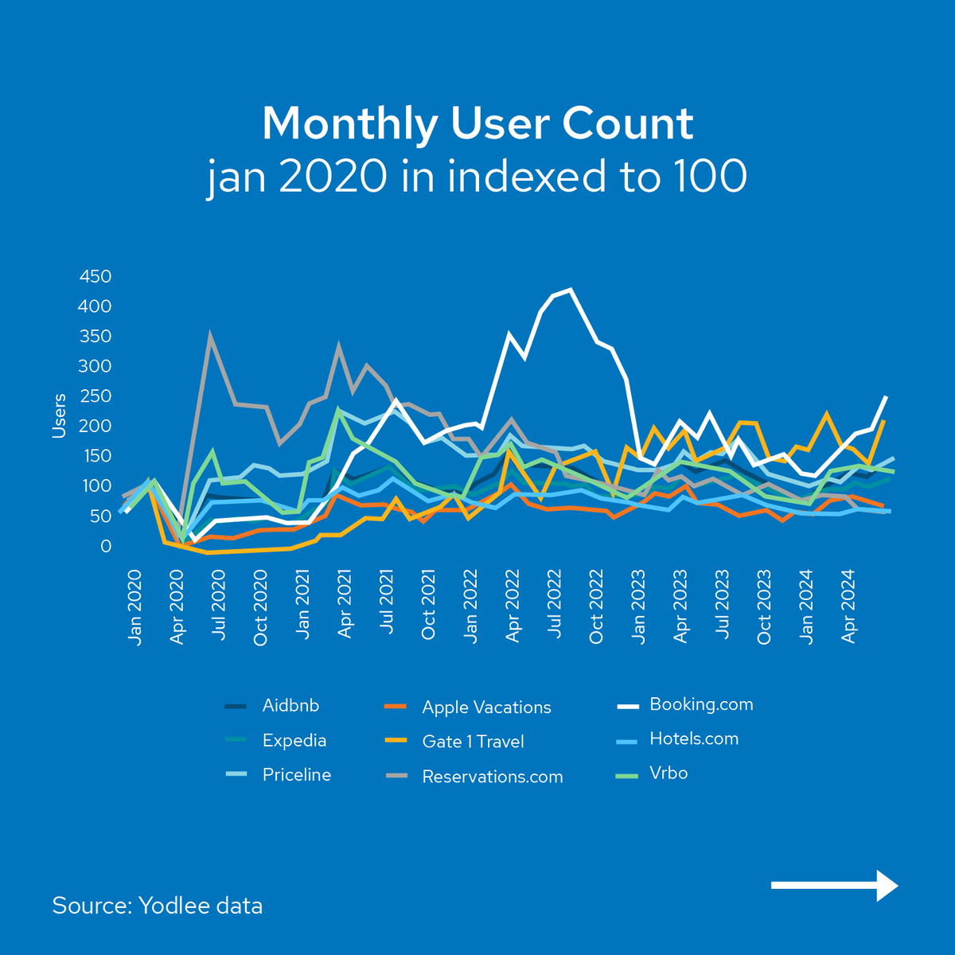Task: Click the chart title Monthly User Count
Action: point(477,124)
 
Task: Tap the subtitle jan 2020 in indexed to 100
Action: point(477,177)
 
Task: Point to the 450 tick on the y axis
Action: point(95,277)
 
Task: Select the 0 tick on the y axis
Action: point(106,547)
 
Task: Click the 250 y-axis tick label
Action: point(95,396)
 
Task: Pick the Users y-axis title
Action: point(59,415)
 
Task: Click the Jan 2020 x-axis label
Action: point(134,606)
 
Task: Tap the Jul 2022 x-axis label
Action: point(554,606)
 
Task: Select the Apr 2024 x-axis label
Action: point(848,606)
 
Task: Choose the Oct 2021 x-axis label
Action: point(428,606)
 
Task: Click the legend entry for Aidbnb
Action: point(290,706)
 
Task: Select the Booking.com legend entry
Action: point(700,704)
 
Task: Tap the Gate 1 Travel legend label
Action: point(473,742)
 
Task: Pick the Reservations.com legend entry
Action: point(492,777)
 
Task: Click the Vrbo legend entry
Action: point(668,774)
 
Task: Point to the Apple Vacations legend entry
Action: point(486,707)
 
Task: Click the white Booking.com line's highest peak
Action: point(571,290)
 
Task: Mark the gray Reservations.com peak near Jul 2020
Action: point(210,335)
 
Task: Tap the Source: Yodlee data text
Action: point(158,906)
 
